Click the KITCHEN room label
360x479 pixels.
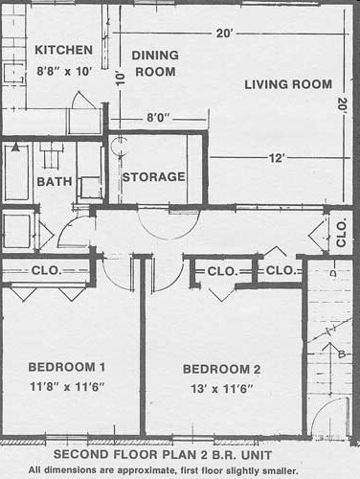click(x=64, y=50)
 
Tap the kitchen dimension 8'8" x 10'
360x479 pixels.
click(x=64, y=71)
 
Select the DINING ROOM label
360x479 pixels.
click(x=155, y=63)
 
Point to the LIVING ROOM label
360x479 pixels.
click(x=288, y=84)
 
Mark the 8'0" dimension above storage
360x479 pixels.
click(x=158, y=118)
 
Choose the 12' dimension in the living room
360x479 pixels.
click(x=276, y=158)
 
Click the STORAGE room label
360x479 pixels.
click(x=153, y=177)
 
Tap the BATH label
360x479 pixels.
click(x=55, y=182)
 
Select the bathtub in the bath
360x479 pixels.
click(x=16, y=171)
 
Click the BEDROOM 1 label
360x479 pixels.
click(x=67, y=367)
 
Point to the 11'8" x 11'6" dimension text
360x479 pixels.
click(x=67, y=387)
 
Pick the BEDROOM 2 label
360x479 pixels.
click(x=221, y=369)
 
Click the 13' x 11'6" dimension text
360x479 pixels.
click(x=222, y=389)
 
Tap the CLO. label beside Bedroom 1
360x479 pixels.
click(x=46, y=270)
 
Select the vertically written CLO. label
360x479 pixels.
click(x=341, y=233)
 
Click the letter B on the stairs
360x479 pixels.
click(x=342, y=354)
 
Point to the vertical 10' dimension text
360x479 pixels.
click(x=120, y=79)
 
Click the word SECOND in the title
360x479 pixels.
click(x=76, y=455)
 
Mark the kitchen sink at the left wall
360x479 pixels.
click(x=14, y=74)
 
